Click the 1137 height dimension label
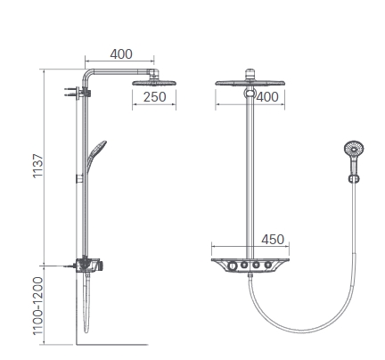38,166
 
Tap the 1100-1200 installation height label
38,306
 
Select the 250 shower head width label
154,97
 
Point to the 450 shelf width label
273,240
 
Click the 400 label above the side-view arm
121,54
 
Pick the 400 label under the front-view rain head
267,97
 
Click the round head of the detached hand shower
354,148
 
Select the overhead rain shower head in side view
154,83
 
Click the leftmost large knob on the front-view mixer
233,266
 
